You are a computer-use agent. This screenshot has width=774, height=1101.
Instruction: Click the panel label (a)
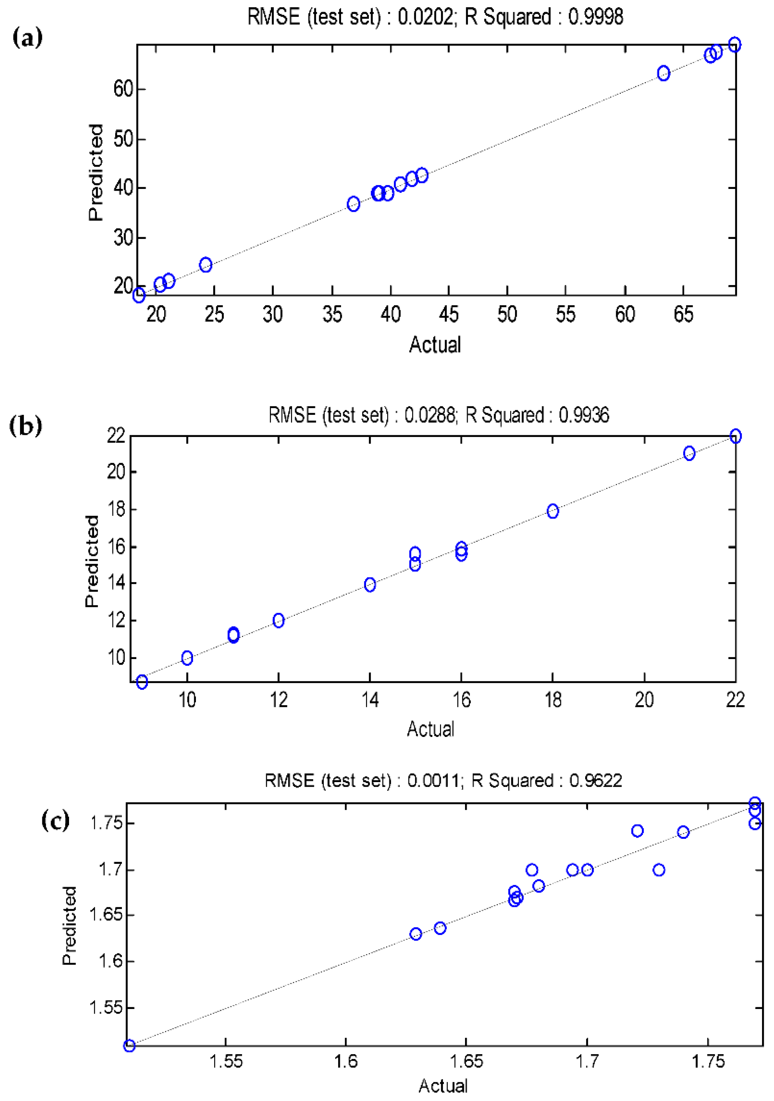point(27,37)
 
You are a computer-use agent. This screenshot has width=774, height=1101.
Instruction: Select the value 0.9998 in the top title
point(595,17)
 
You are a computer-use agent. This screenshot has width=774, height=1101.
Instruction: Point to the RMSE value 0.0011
point(433,781)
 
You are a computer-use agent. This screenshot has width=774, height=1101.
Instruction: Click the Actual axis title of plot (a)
point(435,345)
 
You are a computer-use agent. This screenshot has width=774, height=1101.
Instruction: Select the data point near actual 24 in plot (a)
point(206,265)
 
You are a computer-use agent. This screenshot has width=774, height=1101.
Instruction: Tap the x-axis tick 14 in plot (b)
point(370,701)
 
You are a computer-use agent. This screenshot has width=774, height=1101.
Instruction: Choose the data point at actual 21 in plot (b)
point(689,453)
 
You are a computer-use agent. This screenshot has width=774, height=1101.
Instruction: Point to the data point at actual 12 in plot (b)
point(278,621)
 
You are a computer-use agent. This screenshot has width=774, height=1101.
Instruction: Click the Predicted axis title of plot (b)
point(92,561)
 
